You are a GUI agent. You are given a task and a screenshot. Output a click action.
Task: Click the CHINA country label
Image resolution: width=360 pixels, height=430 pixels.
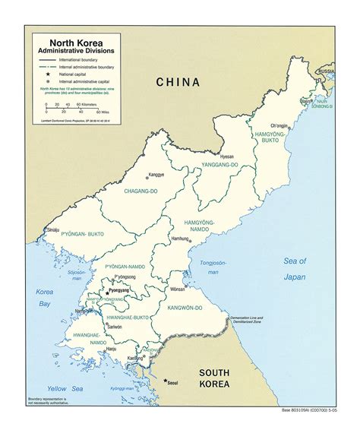click(178, 82)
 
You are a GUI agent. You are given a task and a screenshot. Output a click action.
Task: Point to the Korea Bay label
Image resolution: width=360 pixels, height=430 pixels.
click(46, 298)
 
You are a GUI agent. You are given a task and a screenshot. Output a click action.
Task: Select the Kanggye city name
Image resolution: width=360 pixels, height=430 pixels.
click(156, 174)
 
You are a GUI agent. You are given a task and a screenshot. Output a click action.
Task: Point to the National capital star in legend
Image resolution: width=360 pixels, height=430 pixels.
click(47, 74)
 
